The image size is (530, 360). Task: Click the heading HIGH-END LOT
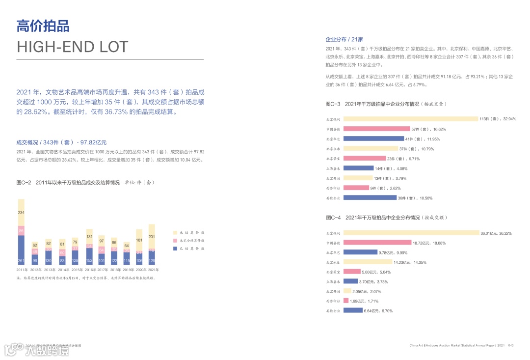72,47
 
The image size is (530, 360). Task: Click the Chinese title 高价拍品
43,26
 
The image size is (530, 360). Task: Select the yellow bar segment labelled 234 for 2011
21,212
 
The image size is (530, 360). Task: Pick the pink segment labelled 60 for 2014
62,252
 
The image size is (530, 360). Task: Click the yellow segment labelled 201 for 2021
152,236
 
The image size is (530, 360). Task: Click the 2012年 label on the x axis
35,270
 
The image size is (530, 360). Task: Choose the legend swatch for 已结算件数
176,249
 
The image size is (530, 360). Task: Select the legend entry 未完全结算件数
193,241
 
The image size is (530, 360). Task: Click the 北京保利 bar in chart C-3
411,119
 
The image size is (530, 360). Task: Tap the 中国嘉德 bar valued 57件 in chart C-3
376,129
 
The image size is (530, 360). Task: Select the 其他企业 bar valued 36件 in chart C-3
370,198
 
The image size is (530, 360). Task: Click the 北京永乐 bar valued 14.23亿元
368,262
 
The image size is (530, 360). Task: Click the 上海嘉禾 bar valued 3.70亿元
350,281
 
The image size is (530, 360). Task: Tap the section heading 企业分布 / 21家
344,39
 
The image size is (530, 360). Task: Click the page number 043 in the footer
510,346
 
